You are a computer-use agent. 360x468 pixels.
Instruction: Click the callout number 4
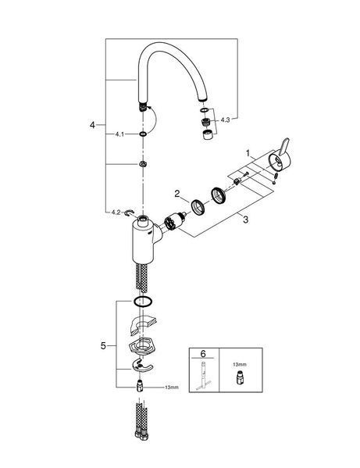coord(92,125)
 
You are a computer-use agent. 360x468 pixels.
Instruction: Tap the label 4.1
coord(119,134)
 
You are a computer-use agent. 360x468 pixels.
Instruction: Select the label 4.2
coord(116,213)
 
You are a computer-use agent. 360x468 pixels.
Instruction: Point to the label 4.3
coord(225,120)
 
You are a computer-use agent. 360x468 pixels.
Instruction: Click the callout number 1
coord(248,153)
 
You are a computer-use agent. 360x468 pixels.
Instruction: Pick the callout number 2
coord(177,194)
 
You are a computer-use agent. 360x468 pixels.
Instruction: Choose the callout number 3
coord(245,220)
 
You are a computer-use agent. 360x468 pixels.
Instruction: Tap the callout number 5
coord(103,346)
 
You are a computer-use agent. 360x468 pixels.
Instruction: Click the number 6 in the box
coord(203,354)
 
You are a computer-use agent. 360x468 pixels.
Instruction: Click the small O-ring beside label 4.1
coord(143,134)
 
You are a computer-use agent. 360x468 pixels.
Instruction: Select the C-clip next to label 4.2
coord(130,213)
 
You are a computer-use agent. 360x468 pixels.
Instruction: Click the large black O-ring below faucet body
coord(143,301)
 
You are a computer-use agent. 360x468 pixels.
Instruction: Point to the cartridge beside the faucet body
coord(175,221)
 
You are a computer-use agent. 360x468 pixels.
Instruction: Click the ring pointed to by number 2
coord(198,206)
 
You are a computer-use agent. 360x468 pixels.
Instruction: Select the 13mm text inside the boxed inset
coord(240,364)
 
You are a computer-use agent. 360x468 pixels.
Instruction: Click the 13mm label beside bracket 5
coord(172,388)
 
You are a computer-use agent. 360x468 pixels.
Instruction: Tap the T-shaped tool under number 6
coord(203,376)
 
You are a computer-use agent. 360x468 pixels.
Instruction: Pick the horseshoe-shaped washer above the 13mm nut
coord(141,366)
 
